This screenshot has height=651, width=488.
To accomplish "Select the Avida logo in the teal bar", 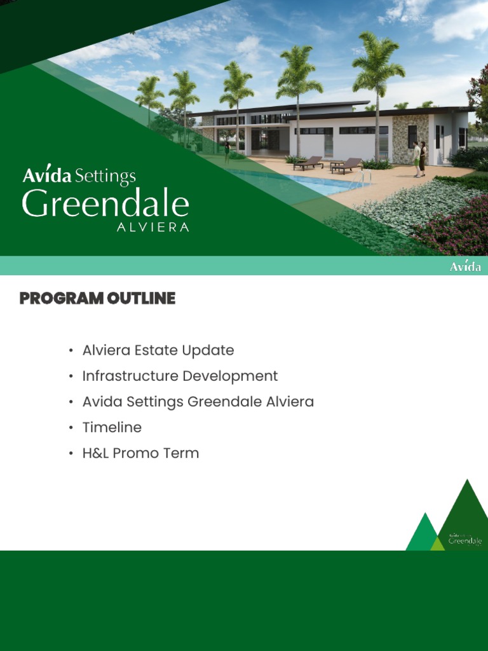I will (x=465, y=267).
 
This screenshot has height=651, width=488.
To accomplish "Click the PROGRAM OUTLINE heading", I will (x=97, y=299).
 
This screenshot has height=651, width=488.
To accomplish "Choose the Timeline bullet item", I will (x=112, y=428).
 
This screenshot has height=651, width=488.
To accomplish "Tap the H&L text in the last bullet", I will (x=95, y=453).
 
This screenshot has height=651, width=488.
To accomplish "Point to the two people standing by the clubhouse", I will (x=419, y=159).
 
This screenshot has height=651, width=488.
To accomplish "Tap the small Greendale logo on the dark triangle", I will (x=465, y=540).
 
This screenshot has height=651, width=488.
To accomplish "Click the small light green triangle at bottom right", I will (x=437, y=544).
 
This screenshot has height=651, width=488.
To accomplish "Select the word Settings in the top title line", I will (x=105, y=175).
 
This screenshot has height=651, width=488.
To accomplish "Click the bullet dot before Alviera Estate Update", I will (x=72, y=351).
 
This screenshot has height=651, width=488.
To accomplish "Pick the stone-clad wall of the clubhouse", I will (x=402, y=139).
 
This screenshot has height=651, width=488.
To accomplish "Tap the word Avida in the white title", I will (x=47, y=175).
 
